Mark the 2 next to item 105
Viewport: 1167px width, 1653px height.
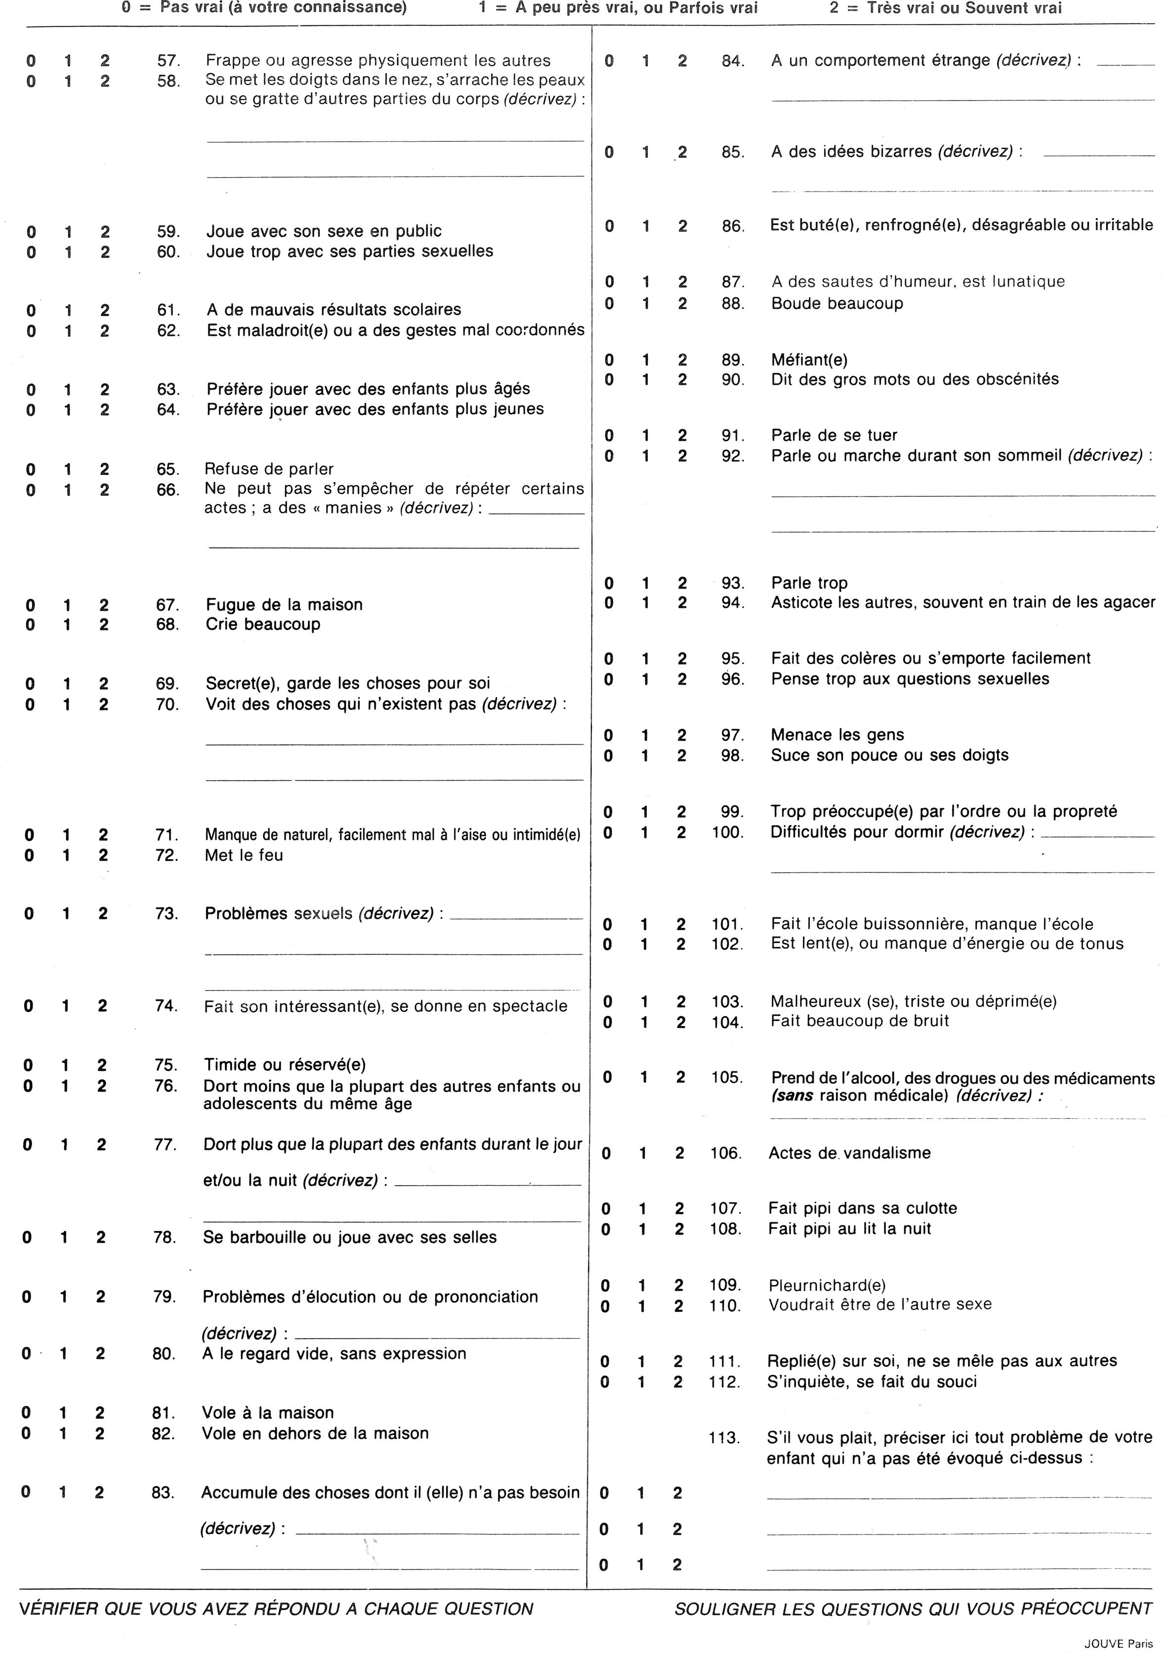680,1077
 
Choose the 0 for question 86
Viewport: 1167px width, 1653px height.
609,226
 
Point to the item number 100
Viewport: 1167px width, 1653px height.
726,833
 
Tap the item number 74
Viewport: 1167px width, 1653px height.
166,1006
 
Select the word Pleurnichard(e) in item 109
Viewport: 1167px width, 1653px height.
827,1285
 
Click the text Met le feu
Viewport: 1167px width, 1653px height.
244,855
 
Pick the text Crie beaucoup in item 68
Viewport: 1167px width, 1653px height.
263,624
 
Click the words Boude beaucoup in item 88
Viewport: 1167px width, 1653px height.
836,303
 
